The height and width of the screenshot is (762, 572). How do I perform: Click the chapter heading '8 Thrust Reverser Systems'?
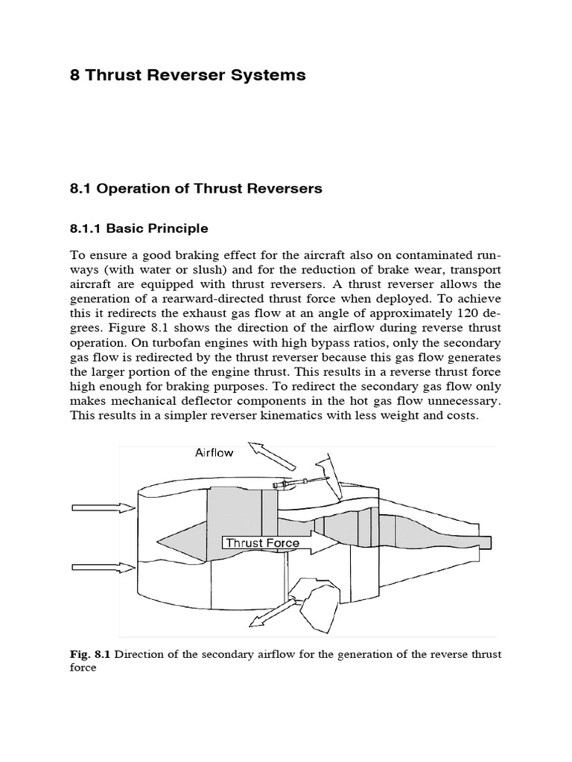pos(188,75)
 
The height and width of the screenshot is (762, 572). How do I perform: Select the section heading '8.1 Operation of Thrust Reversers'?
pos(196,188)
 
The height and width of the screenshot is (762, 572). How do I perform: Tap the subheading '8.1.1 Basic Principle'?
pos(139,228)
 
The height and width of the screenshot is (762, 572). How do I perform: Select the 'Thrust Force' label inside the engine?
pos(262,543)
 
